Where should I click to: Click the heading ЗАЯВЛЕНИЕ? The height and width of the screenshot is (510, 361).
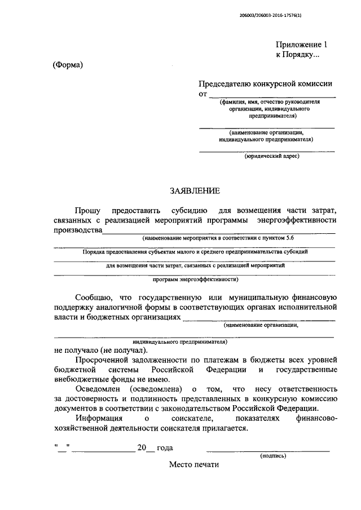[195, 191]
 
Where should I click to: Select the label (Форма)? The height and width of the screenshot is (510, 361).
[68, 65]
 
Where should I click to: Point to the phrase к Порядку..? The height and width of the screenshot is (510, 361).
[297, 55]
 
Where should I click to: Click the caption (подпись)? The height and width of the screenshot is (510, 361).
[273, 455]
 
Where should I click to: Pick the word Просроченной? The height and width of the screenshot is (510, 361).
[105, 359]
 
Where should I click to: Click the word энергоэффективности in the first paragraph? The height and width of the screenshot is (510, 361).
[297, 220]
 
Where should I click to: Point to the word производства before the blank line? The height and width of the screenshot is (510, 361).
[78, 230]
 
